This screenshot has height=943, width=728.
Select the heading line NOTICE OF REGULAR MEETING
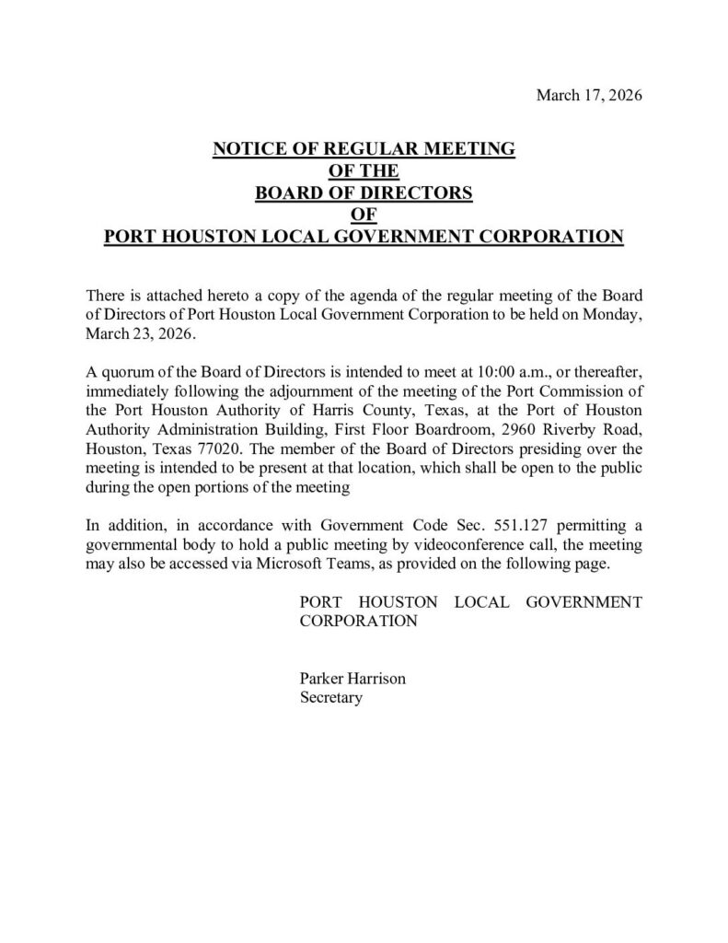364,148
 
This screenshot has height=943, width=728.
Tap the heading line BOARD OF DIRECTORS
364,192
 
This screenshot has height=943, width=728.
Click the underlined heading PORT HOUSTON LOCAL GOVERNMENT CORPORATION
364,237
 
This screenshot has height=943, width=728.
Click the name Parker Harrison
352,679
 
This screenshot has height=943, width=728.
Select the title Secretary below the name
331,697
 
